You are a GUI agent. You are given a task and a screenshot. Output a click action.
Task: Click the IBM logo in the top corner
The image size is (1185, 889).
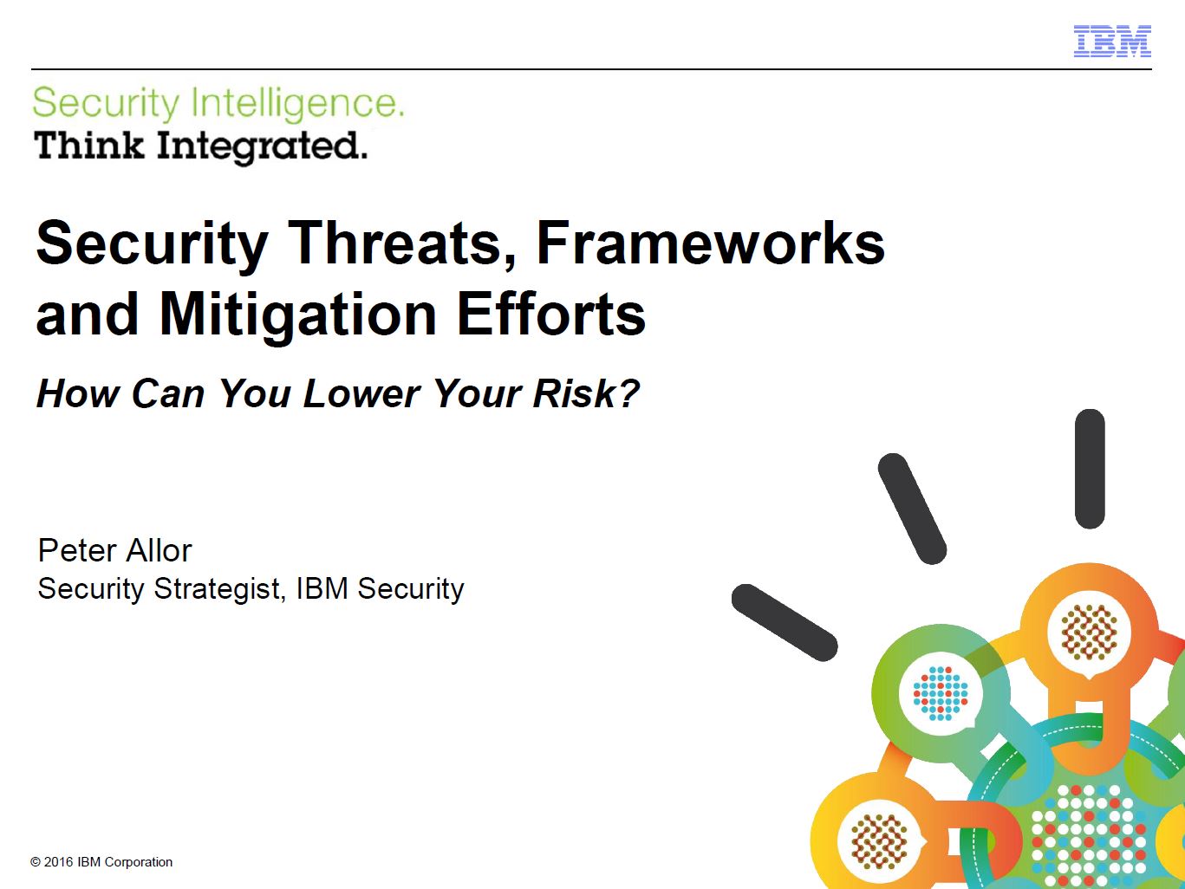(x=1112, y=41)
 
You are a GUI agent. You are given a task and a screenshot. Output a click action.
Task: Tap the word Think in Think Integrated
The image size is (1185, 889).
(x=89, y=145)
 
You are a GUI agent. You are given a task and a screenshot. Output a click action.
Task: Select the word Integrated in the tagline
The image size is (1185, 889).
(x=263, y=146)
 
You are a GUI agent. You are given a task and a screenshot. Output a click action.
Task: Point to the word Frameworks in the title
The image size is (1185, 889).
(x=711, y=243)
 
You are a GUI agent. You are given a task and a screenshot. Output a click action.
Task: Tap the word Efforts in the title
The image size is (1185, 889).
(x=551, y=314)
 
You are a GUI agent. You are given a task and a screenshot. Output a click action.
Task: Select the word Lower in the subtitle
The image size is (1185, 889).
(x=361, y=393)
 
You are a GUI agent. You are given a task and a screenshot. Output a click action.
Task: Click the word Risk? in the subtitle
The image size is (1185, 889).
(x=586, y=393)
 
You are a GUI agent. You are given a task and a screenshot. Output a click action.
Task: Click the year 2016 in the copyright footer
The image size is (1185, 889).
(x=58, y=862)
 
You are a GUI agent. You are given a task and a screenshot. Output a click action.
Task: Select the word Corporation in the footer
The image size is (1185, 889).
(x=138, y=862)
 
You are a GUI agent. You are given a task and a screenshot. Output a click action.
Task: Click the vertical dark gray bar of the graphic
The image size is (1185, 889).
(x=1090, y=469)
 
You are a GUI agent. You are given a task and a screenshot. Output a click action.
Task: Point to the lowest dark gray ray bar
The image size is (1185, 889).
(x=785, y=622)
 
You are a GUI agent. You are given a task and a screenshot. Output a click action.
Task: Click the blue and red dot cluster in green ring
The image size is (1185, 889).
(x=941, y=693)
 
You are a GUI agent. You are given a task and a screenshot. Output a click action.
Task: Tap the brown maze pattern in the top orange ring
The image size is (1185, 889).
(x=1089, y=633)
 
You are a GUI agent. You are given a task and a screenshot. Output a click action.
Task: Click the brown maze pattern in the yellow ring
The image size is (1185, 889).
(x=879, y=841)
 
